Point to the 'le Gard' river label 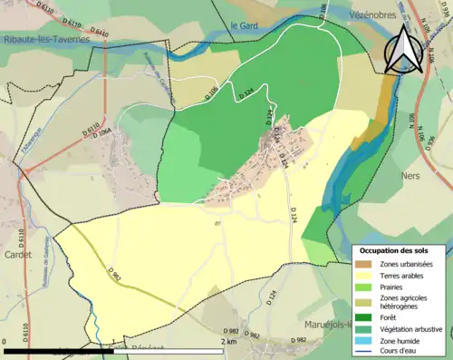244,25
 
